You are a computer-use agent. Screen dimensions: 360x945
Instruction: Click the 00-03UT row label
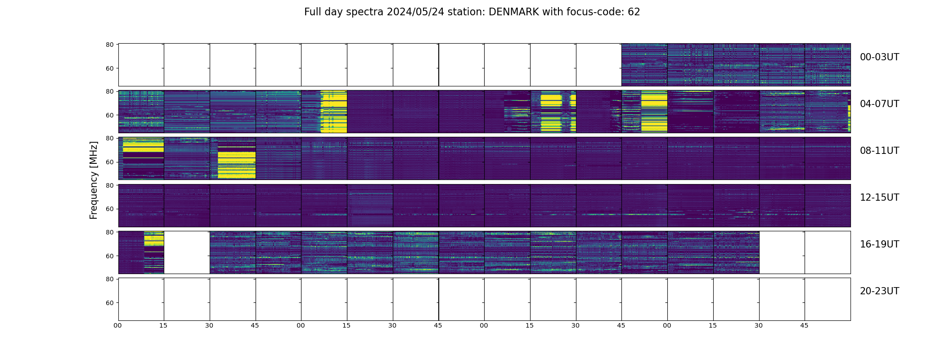pyautogui.click(x=879, y=57)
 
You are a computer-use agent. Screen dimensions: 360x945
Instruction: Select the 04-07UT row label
pyautogui.click(x=879, y=104)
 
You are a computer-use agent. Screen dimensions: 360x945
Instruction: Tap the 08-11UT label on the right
pyautogui.click(x=879, y=151)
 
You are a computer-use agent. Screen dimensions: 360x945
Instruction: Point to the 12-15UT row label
pyautogui.click(x=879, y=198)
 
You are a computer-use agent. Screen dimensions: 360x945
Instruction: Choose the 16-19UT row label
pyautogui.click(x=879, y=244)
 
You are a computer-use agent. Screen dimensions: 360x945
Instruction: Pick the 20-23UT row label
pyautogui.click(x=879, y=291)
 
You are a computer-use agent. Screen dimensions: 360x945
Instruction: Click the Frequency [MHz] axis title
pyautogui.click(x=94, y=180)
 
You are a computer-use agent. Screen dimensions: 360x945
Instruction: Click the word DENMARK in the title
pyautogui.click(x=513, y=12)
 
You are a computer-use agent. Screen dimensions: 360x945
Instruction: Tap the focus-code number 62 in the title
pyautogui.click(x=634, y=12)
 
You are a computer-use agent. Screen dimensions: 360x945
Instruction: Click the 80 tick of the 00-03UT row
pyautogui.click(x=109, y=45)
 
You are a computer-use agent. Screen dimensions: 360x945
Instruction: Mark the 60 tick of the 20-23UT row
pyautogui.click(x=109, y=303)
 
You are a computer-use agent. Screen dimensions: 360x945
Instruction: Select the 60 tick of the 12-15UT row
pyautogui.click(x=109, y=209)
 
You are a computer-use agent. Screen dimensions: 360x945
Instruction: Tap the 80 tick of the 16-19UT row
pyautogui.click(x=109, y=232)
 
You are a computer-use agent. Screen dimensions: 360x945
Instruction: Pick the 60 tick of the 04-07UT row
pyautogui.click(x=109, y=116)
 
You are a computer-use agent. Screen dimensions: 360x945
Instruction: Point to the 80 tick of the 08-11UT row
pyautogui.click(x=109, y=139)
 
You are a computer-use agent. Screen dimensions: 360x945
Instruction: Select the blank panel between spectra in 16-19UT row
pyautogui.click(x=187, y=252)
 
